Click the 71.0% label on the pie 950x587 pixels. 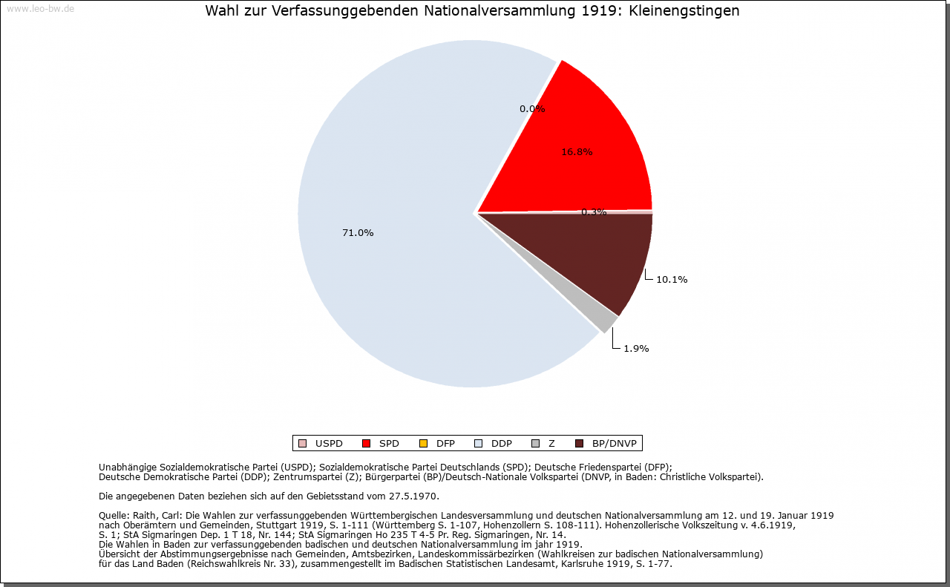coord(358,233)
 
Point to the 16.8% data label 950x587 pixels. coord(577,152)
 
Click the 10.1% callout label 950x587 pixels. coord(672,280)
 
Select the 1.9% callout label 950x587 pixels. coord(636,349)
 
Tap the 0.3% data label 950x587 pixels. coord(594,212)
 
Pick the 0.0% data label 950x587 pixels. coord(532,109)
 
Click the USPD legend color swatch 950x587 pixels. coord(302,444)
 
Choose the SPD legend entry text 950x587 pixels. coord(389,444)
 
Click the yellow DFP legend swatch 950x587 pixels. coord(423,444)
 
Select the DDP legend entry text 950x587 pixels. coord(501,444)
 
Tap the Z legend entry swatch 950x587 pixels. coord(536,444)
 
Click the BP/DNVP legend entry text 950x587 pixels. coord(614,444)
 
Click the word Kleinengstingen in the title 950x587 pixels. coord(684,10)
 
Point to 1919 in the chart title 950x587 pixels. coord(597,10)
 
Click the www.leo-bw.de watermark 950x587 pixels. coord(41,8)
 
